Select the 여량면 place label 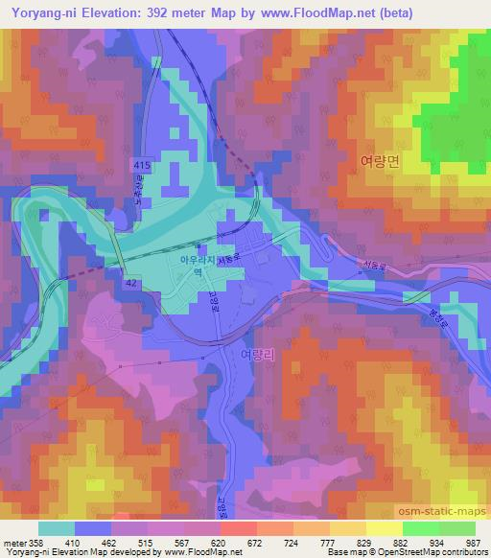tap(378, 162)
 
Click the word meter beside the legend tap(16, 542)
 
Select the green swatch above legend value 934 tap(420, 527)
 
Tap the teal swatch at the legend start tap(57, 527)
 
